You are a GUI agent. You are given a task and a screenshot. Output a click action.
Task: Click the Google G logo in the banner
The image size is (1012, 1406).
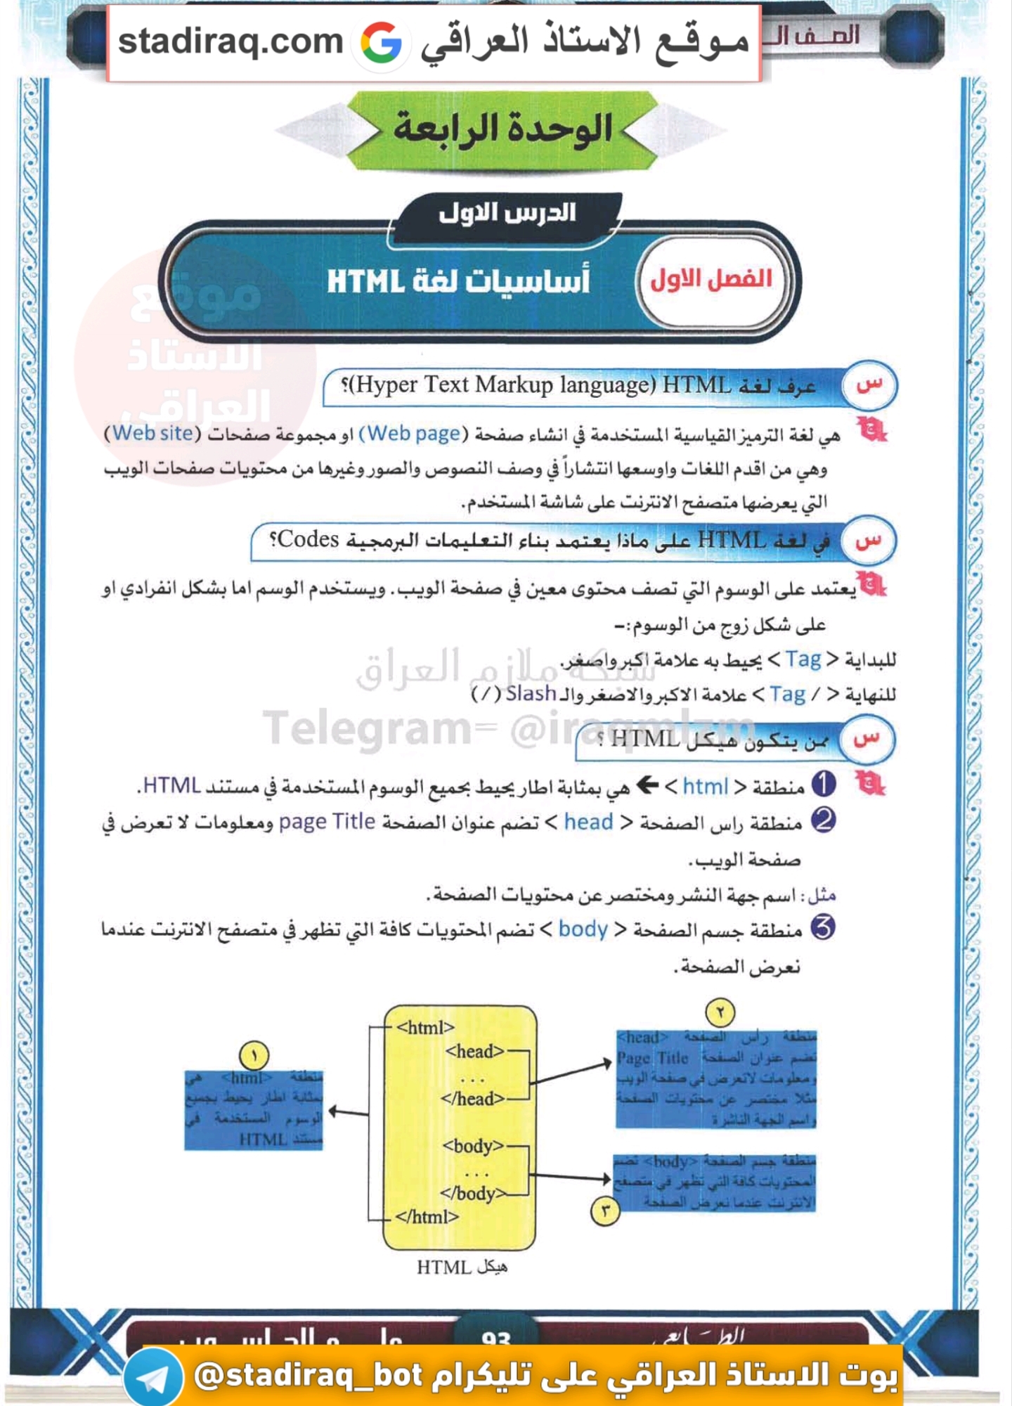pyautogui.click(x=381, y=43)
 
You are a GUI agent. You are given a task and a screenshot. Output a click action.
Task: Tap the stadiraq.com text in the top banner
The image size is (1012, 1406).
pyautogui.click(x=230, y=41)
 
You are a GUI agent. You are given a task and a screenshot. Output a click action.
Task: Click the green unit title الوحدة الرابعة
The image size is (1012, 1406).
pyautogui.click(x=502, y=129)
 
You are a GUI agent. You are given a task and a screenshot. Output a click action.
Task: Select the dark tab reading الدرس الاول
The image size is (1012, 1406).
pyautogui.click(x=507, y=213)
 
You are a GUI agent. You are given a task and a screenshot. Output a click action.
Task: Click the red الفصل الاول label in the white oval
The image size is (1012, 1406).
pyautogui.click(x=711, y=280)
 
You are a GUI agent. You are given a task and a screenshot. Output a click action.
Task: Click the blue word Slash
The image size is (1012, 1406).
pyautogui.click(x=531, y=694)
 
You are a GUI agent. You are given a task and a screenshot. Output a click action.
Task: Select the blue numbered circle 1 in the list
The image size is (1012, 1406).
pyautogui.click(x=824, y=784)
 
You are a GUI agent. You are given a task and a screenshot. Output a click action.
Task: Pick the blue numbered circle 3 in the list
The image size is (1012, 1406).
pyautogui.click(x=823, y=928)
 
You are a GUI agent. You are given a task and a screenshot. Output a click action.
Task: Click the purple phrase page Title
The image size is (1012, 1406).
pyautogui.click(x=327, y=821)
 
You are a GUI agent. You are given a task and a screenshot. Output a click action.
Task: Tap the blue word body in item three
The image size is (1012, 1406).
pyautogui.click(x=583, y=929)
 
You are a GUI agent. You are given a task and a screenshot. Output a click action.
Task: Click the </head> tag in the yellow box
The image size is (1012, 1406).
pyautogui.click(x=472, y=1098)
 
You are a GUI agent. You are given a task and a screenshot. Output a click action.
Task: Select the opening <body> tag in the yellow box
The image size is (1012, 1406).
pyautogui.click(x=472, y=1146)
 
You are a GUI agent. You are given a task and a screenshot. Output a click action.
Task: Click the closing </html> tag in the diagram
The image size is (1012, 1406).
pyautogui.click(x=427, y=1216)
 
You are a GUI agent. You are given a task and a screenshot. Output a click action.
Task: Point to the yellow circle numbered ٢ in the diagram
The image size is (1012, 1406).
pyautogui.click(x=720, y=1012)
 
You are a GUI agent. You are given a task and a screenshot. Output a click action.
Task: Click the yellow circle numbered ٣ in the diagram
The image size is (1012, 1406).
pyautogui.click(x=605, y=1211)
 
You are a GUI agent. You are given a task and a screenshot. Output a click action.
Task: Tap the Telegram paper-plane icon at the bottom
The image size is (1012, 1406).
pyautogui.click(x=153, y=1379)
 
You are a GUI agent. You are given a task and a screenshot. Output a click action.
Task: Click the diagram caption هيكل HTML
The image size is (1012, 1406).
pyautogui.click(x=462, y=1267)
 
